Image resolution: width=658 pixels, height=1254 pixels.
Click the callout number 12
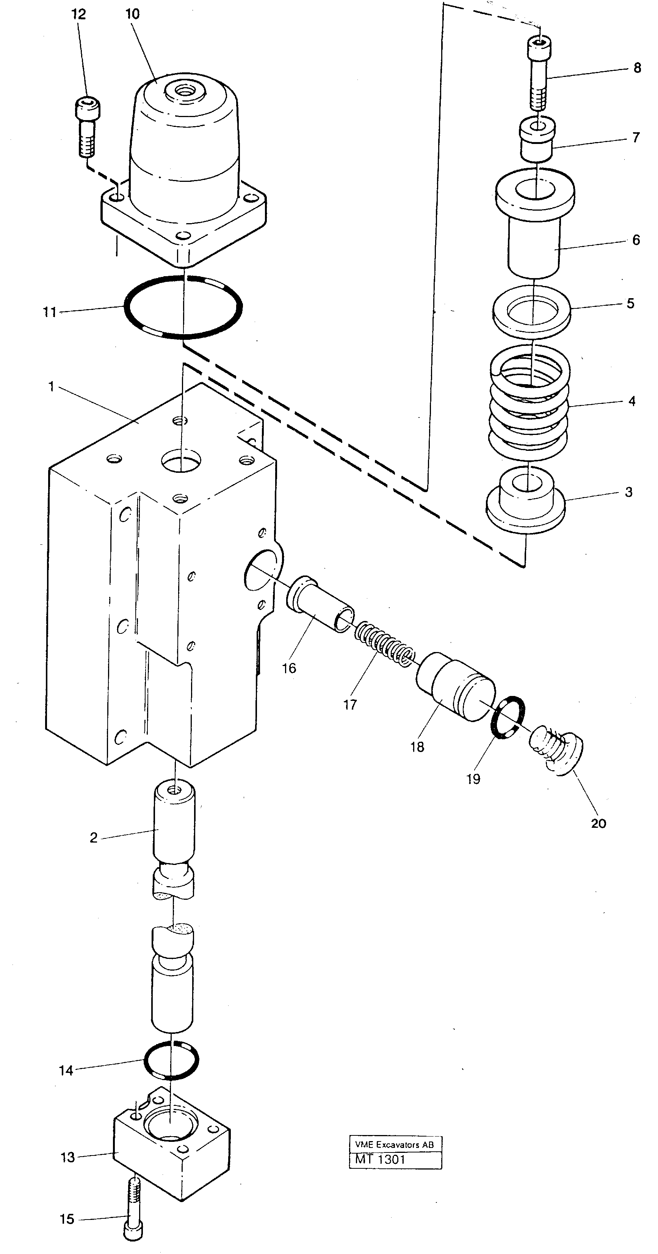[x=78, y=14]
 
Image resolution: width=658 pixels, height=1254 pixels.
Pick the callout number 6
[x=636, y=240]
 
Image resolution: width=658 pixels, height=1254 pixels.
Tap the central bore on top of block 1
[x=181, y=460]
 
